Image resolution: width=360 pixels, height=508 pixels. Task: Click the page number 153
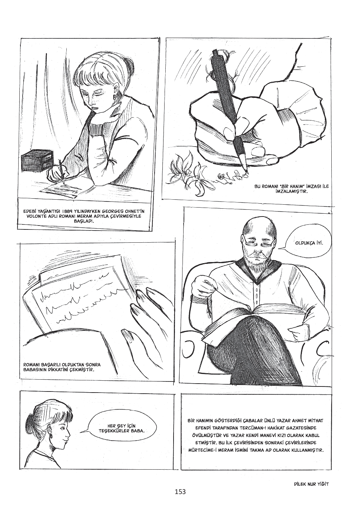point(180,496)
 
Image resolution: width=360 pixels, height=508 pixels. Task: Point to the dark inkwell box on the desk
point(37,160)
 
